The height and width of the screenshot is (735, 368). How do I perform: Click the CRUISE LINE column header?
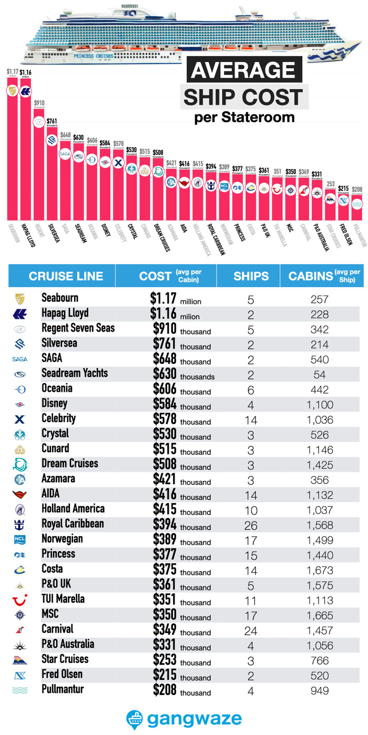66,276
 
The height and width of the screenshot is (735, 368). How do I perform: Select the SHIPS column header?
251,276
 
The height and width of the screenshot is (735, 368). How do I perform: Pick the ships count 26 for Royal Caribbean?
251,525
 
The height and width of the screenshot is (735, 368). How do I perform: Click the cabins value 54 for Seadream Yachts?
319,375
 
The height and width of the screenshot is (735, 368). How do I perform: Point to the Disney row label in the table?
55,404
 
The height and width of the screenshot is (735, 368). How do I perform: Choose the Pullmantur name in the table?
63,689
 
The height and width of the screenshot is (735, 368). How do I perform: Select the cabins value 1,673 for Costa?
319,570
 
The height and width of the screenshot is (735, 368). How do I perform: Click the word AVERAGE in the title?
243,70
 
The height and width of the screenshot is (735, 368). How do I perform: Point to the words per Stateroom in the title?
244,117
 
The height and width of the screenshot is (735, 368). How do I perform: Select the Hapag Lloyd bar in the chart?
25,152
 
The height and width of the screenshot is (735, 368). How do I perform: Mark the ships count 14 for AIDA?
251,495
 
